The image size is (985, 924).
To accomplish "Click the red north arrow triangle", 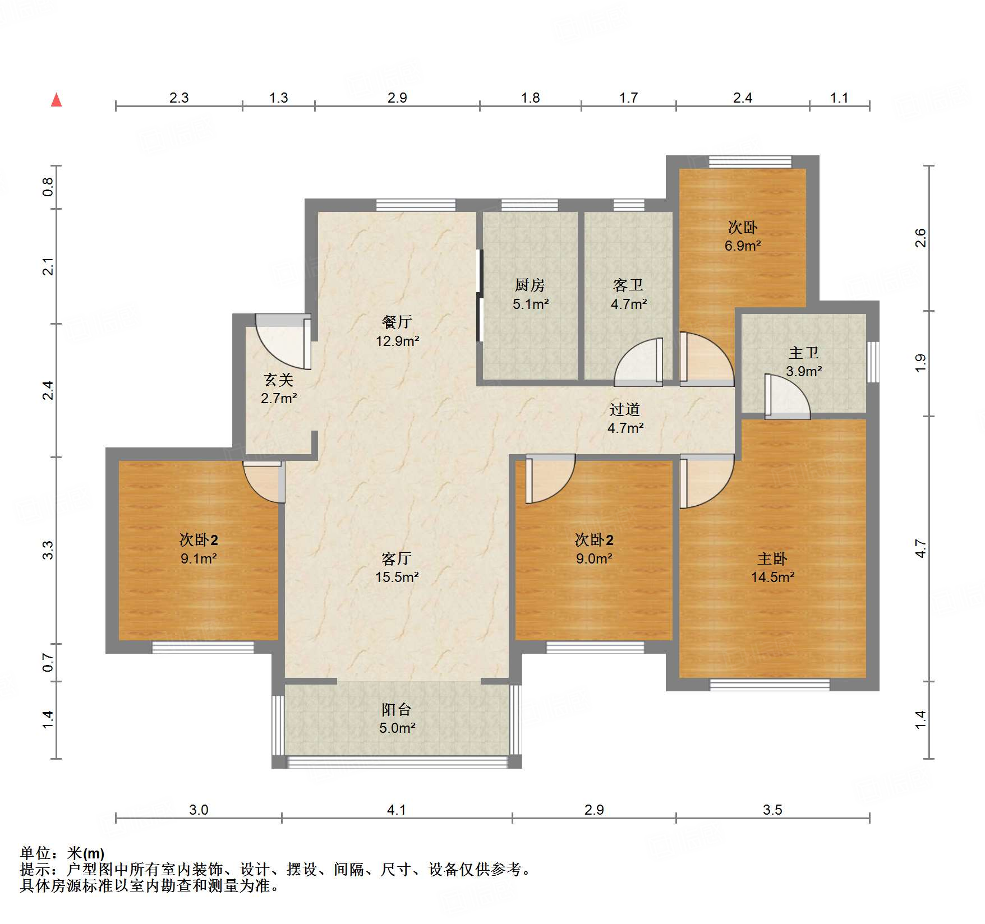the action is pos(56,100).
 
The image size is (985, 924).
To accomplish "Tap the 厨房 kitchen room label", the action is pos(530,285).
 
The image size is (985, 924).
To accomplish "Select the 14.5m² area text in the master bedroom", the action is pos(772,577).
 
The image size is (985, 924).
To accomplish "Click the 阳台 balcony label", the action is pos(397,710).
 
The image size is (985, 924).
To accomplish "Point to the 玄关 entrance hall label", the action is pos(279,380).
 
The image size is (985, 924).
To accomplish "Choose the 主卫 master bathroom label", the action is pos(804,353).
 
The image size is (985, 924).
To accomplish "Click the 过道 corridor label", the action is pos(625,410).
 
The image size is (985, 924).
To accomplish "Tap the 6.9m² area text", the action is pos(743,246).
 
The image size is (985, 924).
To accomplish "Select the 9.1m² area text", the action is pos(199,558).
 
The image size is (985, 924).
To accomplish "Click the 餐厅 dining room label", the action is pos(397,322).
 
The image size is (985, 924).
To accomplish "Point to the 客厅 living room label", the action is pos(397,559).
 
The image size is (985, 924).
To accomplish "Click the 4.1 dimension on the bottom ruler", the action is pos(396,810).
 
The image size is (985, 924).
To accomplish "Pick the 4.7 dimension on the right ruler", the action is pos(920,548).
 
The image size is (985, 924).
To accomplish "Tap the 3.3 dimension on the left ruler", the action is pos(48,550).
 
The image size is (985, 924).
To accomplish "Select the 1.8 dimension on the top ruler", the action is pos(530,98).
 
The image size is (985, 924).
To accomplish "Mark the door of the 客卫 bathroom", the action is pos(639,362).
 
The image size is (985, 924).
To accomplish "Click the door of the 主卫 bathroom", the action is pos(788,396).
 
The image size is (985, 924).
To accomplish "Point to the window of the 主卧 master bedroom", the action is pos(770,685).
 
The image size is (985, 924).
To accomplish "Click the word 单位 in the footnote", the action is pos(35,853).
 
